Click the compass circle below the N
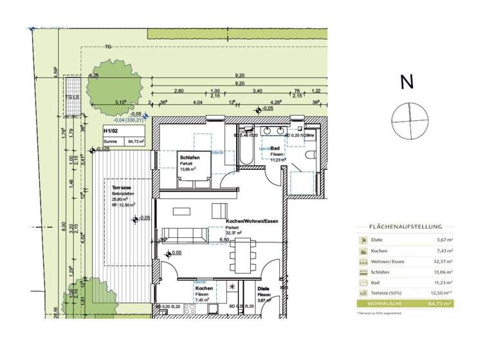coord(409,120)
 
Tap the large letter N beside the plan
coord(407,82)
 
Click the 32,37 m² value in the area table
coord(441,262)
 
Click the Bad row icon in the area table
coord(363,282)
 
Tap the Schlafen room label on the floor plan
coord(188,158)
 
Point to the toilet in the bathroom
coord(310,156)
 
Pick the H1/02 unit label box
coord(123,137)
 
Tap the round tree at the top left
coord(114,85)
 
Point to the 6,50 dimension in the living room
coord(224,240)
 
